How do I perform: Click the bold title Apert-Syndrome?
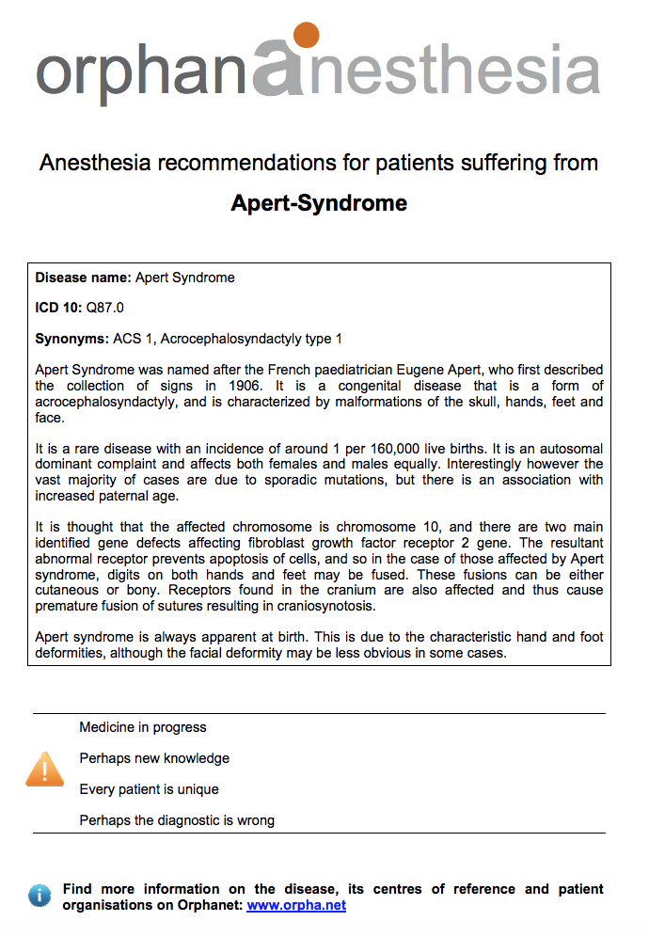point(319,203)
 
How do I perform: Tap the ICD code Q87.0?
point(104,308)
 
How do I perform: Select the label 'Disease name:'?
point(83,278)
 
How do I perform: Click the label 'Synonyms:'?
point(71,339)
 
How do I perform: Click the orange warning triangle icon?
point(44,769)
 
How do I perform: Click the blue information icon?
point(40,896)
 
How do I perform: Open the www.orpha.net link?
point(296,905)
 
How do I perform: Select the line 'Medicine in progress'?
point(143,727)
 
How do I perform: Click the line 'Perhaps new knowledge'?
point(154,758)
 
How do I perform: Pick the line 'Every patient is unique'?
point(149,789)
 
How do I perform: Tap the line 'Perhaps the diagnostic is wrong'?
point(177,820)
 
